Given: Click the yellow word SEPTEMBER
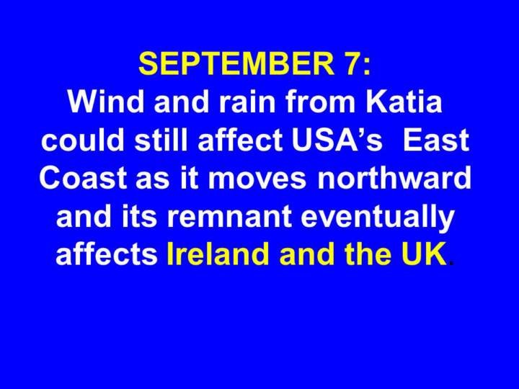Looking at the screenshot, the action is [x=236, y=63].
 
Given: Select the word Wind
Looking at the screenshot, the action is [x=106, y=102].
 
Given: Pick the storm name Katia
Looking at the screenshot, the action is [x=404, y=102].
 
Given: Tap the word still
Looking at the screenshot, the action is [x=161, y=140].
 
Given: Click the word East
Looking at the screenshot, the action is [x=436, y=140].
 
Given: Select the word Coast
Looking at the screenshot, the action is [x=83, y=178].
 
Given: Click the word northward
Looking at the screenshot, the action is [x=394, y=178].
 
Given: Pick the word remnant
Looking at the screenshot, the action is [x=229, y=218].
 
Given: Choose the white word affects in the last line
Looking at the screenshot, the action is [x=106, y=254].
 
